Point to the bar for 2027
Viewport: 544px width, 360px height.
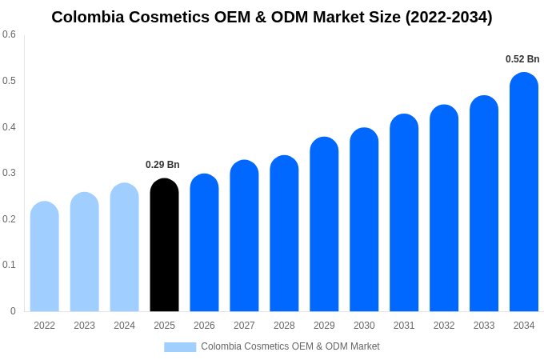(x=244, y=236)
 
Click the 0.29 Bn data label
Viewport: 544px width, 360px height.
(x=162, y=165)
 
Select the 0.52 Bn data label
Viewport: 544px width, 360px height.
(x=522, y=59)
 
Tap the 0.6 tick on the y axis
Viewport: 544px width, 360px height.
(x=9, y=34)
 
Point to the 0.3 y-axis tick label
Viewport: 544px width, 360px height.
(x=9, y=173)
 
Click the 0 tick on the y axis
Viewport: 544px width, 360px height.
(x=13, y=311)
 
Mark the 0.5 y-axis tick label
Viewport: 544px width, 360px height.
(x=9, y=81)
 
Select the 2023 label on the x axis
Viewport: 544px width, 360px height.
(x=84, y=326)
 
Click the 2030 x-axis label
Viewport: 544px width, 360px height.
(x=364, y=326)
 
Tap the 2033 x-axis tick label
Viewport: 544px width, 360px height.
(x=484, y=326)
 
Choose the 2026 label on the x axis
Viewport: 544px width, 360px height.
(x=204, y=326)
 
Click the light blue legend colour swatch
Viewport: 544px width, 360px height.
(x=180, y=346)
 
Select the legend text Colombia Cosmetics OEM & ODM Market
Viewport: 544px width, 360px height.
(x=290, y=346)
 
